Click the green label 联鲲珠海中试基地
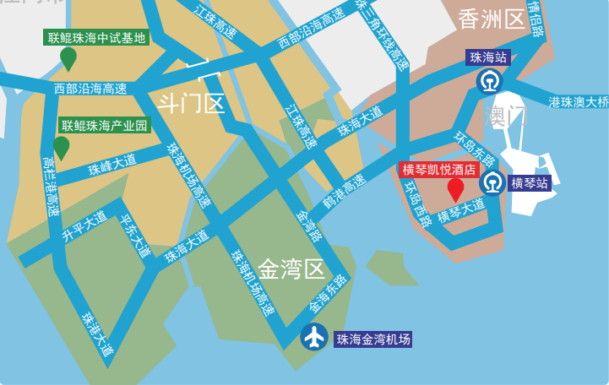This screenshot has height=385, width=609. click(97, 37)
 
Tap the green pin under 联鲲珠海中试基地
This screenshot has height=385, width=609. click(68, 58)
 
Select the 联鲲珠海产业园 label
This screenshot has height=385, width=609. click(104, 126)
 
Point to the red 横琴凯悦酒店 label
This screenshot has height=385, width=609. click(438, 169)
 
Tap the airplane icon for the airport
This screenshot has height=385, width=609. click(314, 337)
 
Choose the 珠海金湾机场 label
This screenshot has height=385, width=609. click(373, 339)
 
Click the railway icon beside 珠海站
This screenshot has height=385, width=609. click(488, 82)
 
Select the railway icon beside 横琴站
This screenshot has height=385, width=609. click(492, 182)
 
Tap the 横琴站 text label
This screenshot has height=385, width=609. click(530, 182)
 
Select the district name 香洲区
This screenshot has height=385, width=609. click(492, 19)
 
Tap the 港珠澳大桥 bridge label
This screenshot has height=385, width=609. click(578, 102)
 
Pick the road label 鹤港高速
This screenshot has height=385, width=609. click(345, 192)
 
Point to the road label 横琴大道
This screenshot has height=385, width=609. click(461, 210)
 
